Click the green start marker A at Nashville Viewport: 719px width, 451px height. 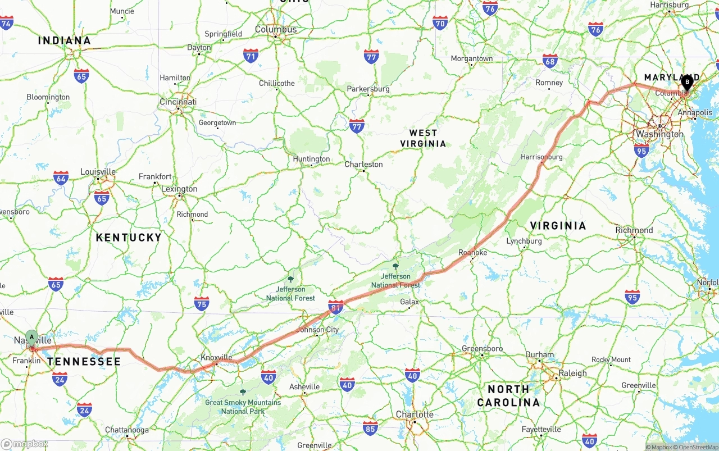32,338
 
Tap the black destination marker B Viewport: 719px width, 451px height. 686,83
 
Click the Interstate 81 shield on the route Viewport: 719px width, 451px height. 336,307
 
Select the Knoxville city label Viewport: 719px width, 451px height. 216,357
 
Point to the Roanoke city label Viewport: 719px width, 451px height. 472,253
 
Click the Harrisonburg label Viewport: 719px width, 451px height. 541,157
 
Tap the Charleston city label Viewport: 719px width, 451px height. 363,164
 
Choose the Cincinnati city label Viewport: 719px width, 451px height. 178,102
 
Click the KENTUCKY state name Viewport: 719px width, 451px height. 129,238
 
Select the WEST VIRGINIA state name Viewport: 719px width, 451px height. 423,138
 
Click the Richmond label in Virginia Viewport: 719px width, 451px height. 634,230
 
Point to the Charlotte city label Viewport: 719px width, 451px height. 415,414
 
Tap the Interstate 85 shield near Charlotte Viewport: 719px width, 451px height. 370,427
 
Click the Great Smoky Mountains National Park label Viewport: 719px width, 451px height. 243,407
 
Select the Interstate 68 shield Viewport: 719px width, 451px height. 550,62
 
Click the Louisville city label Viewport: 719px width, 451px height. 98,172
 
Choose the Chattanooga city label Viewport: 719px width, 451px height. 127,430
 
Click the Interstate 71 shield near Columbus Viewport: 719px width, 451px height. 251,56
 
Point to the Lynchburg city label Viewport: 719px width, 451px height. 524,241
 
